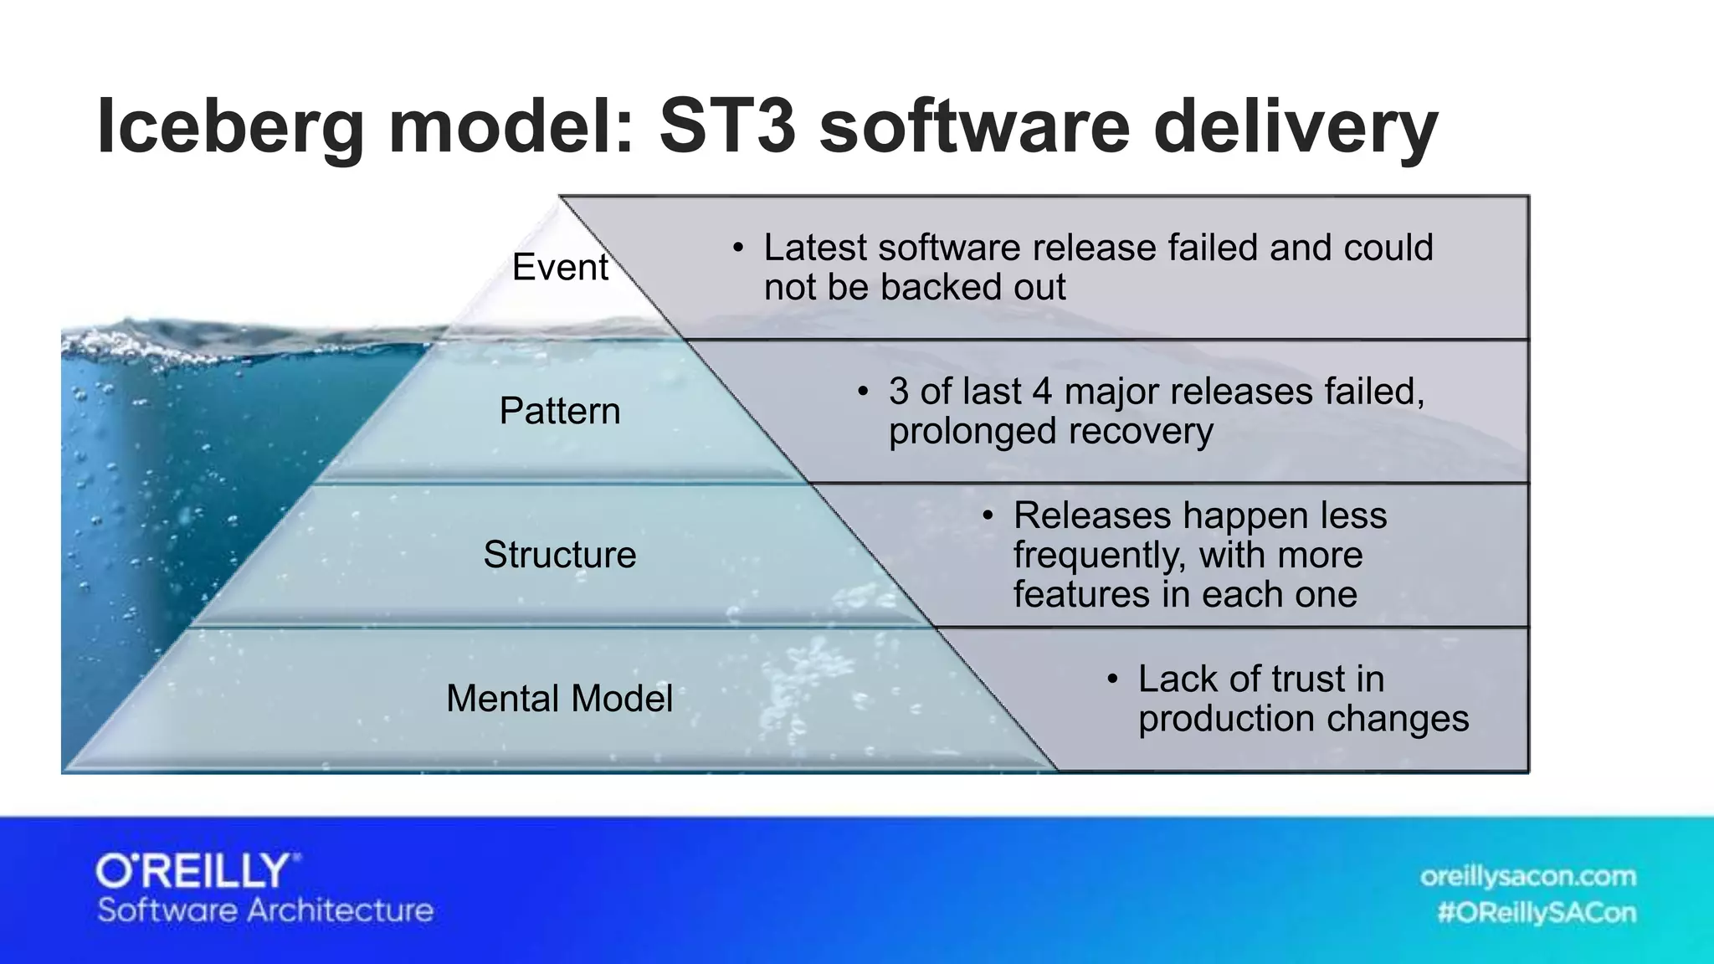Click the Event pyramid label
(560, 267)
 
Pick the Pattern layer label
(560, 411)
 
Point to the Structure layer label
(560, 555)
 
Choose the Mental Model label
(559, 698)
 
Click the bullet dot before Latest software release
(737, 248)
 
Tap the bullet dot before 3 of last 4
(863, 392)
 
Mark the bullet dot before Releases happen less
(988, 515)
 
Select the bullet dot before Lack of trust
(1112, 679)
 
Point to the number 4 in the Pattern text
(1042, 392)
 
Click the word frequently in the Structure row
(1099, 556)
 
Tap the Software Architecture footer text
(265, 910)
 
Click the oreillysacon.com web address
(1527, 877)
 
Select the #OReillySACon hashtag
(1537, 912)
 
